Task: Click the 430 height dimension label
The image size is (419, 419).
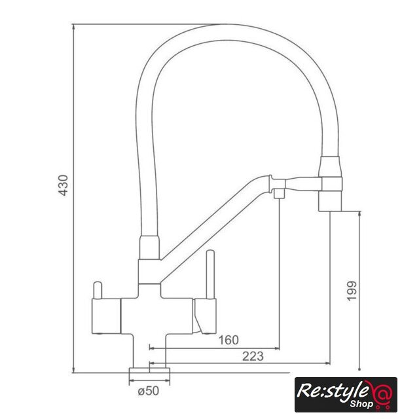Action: click(x=64, y=185)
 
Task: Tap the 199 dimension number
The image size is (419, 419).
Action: click(x=352, y=291)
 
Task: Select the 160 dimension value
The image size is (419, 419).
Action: click(x=228, y=340)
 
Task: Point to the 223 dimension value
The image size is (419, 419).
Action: click(x=253, y=356)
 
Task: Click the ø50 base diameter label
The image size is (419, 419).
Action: click(x=149, y=391)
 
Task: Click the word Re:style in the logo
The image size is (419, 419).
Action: click(x=331, y=390)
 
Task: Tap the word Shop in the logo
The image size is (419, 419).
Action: click(x=361, y=403)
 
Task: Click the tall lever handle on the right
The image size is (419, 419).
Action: click(x=210, y=274)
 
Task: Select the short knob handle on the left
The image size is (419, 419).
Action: click(x=98, y=290)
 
